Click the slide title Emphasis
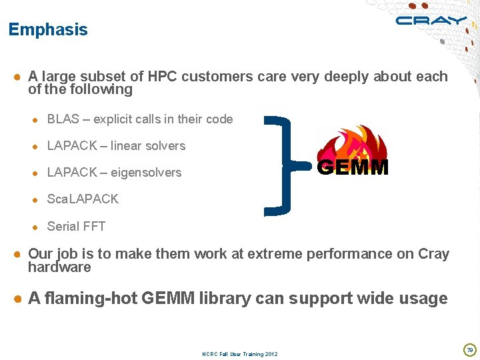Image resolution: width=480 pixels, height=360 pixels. [x=47, y=30]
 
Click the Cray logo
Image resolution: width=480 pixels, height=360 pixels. [x=430, y=21]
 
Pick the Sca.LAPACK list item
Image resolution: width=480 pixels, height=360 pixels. [x=83, y=199]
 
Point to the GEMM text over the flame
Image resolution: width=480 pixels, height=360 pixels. [x=353, y=168]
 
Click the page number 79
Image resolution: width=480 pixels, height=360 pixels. [x=469, y=349]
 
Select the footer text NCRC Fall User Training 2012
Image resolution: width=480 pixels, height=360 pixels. [x=239, y=353]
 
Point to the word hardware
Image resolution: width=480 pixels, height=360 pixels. [x=59, y=267]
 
